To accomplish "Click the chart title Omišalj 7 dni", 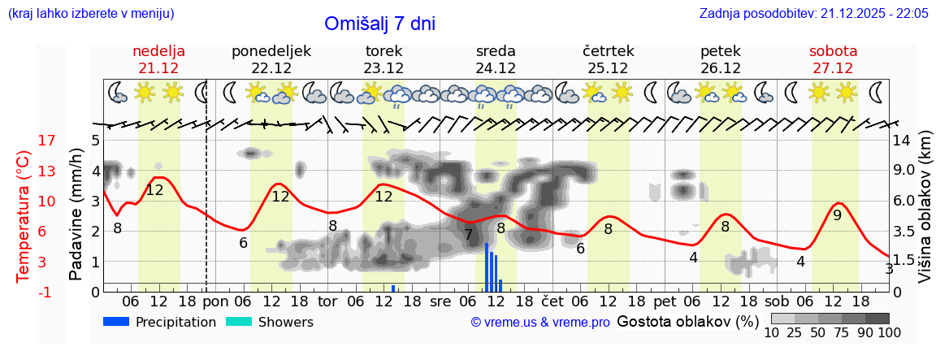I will (379, 24).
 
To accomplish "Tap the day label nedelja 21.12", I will (158, 59).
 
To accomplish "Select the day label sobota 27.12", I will (833, 59).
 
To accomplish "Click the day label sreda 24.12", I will (496, 59).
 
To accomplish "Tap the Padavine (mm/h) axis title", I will (76, 214).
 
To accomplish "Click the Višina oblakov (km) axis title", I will (925, 215).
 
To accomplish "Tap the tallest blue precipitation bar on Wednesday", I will (487, 267).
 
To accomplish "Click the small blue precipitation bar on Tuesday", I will (393, 288).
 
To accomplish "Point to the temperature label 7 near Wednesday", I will (469, 236).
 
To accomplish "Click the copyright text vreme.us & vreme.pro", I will (540, 322).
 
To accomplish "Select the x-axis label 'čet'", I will (552, 301).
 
